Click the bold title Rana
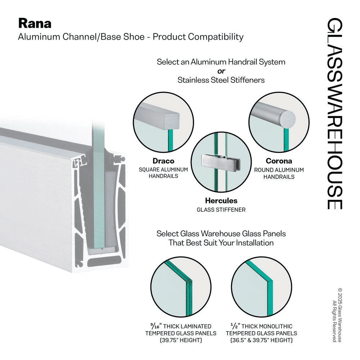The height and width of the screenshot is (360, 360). pyautogui.click(x=35, y=23)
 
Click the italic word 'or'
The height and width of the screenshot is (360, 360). pyautogui.click(x=221, y=71)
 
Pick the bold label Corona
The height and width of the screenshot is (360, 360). pyautogui.click(x=279, y=161)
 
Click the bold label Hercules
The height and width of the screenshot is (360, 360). pyautogui.click(x=221, y=201)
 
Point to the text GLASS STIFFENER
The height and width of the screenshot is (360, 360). pyautogui.click(x=221, y=210)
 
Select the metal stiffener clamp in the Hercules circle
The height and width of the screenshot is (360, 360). pyautogui.click(x=215, y=161)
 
